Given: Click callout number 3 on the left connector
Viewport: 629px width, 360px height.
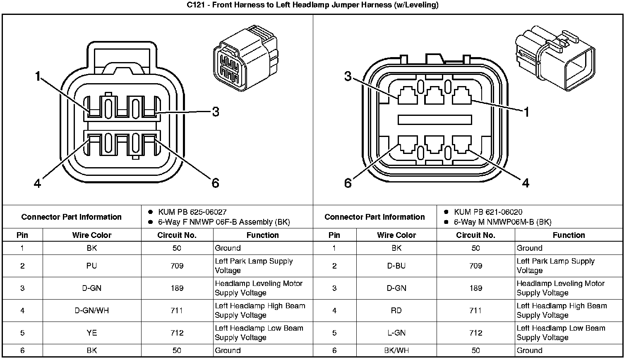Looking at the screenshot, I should pyautogui.click(x=215, y=112).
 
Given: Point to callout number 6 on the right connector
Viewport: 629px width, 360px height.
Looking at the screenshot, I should pyautogui.click(x=348, y=182).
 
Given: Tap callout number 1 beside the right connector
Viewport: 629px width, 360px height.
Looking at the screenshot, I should pyautogui.click(x=526, y=112).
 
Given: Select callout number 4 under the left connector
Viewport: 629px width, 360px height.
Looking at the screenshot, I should pyautogui.click(x=38, y=183).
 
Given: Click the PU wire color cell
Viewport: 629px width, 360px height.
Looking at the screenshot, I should pyautogui.click(x=91, y=266).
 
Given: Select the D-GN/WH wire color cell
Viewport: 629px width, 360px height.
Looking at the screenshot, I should pyautogui.click(x=91, y=310).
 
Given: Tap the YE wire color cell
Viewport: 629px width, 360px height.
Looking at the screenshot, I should pyautogui.click(x=91, y=333).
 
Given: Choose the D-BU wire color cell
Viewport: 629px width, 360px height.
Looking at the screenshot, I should pyautogui.click(x=396, y=266).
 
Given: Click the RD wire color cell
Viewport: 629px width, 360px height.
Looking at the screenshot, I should pyautogui.click(x=396, y=310).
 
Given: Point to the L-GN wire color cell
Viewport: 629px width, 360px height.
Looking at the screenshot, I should pyautogui.click(x=396, y=333).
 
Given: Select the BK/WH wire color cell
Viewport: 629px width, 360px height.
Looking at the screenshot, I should pyautogui.click(x=396, y=350).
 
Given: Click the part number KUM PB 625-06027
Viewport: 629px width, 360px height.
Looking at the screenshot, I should pyautogui.click(x=192, y=212).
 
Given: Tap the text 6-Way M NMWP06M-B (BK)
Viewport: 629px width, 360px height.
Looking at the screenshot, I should pyautogui.click(x=502, y=222).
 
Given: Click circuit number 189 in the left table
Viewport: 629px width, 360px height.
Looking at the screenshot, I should pyautogui.click(x=177, y=288).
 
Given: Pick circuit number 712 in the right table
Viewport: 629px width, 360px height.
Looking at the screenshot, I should pyautogui.click(x=475, y=333).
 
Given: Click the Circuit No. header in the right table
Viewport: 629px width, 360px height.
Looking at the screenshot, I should pyautogui.click(x=475, y=235).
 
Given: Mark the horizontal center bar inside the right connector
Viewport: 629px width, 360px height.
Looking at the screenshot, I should pyautogui.click(x=435, y=120).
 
